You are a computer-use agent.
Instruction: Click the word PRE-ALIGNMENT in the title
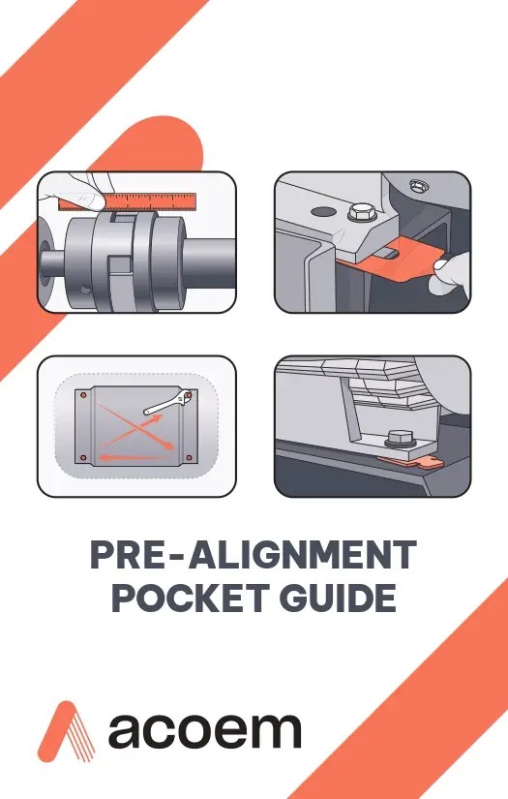[x=254, y=556]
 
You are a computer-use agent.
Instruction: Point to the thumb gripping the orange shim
[x=448, y=281]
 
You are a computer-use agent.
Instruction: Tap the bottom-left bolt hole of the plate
[x=84, y=455]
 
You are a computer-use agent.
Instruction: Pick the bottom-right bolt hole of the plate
[x=190, y=455]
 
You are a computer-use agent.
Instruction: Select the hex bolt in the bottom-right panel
[x=398, y=438]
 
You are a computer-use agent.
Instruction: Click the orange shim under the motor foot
[x=406, y=463]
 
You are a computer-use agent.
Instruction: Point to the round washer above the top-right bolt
[x=418, y=182]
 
